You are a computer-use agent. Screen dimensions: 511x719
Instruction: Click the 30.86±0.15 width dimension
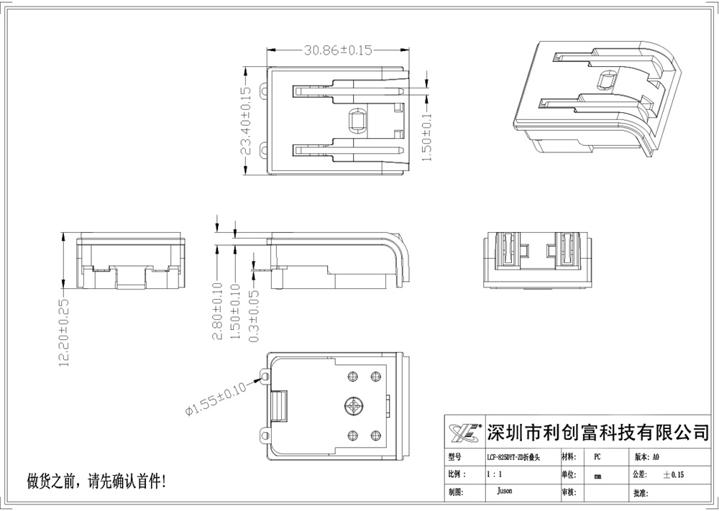pos(338,50)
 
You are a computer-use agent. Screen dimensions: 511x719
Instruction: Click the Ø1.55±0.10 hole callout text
pos(216,397)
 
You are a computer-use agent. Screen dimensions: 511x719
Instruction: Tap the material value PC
pos(597,457)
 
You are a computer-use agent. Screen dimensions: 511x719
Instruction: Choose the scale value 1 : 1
pos(495,475)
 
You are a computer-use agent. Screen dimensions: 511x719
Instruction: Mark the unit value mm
pos(598,476)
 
